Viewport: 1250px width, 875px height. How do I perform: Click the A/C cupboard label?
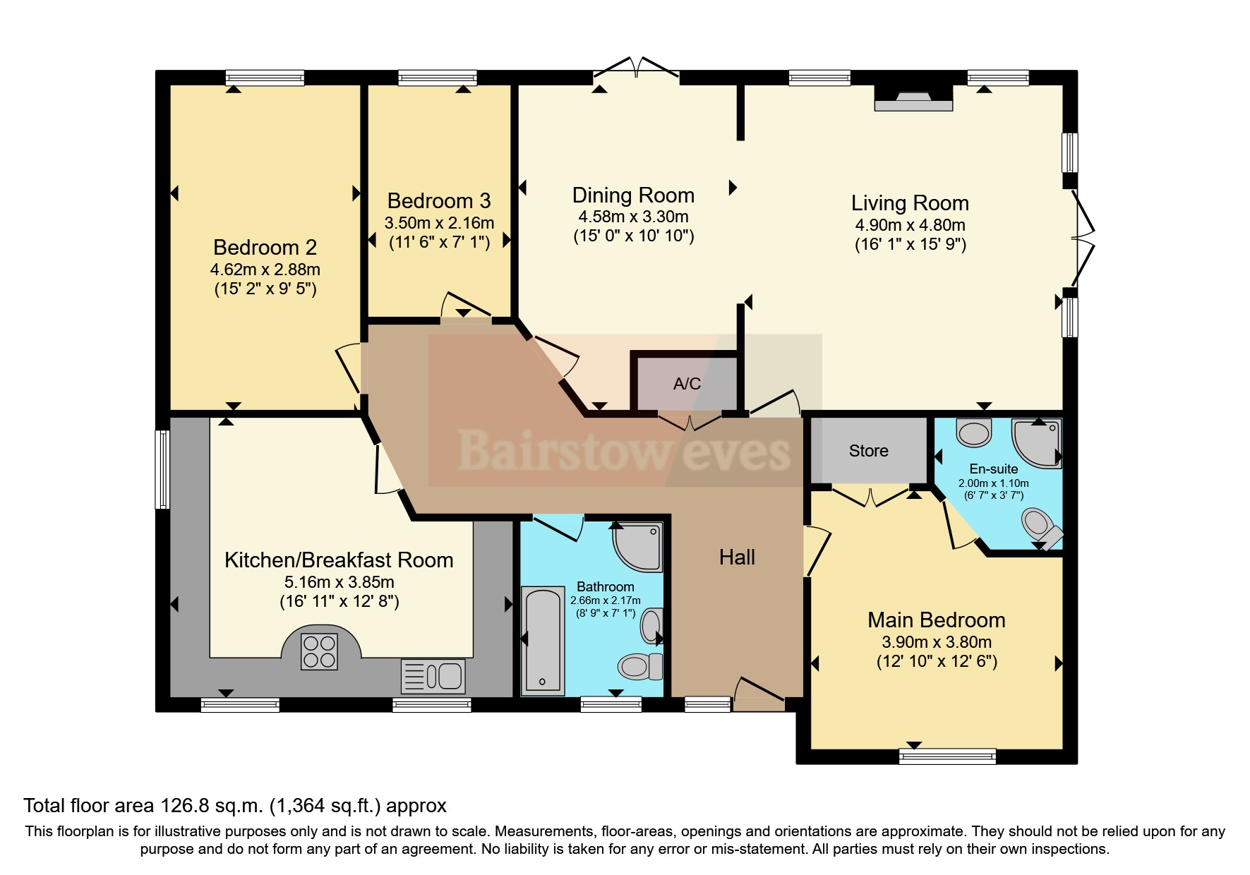coord(687,384)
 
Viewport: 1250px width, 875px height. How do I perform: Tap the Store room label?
coord(868,451)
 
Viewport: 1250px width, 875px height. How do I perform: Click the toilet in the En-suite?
coord(1040,526)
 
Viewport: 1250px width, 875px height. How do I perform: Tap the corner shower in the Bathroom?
coord(638,547)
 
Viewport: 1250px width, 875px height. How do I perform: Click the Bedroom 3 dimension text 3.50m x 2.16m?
coord(439,224)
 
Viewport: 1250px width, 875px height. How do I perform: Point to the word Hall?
coord(737,557)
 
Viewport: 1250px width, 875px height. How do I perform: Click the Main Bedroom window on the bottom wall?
coord(947,756)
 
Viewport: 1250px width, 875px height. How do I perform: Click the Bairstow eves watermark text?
coord(623,449)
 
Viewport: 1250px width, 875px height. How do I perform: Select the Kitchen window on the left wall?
coord(162,469)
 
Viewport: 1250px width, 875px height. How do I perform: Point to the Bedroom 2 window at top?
coord(265,78)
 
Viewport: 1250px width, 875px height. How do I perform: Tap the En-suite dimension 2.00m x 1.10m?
coord(993,483)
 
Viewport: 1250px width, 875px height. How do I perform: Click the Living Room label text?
coord(909,203)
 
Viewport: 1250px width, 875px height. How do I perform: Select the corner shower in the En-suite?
coord(1036,442)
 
